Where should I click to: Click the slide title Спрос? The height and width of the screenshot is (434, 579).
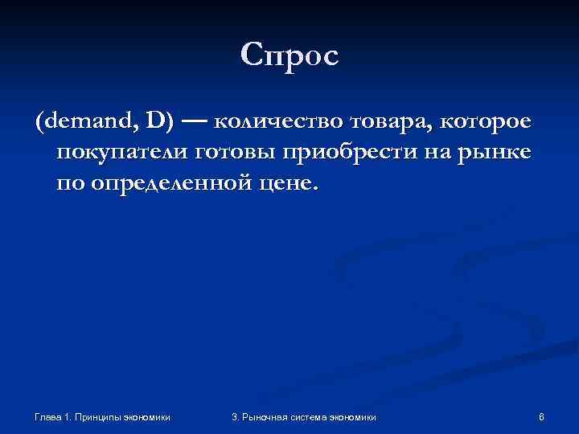click(x=289, y=55)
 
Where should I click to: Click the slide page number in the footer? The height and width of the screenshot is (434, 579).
click(x=542, y=416)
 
